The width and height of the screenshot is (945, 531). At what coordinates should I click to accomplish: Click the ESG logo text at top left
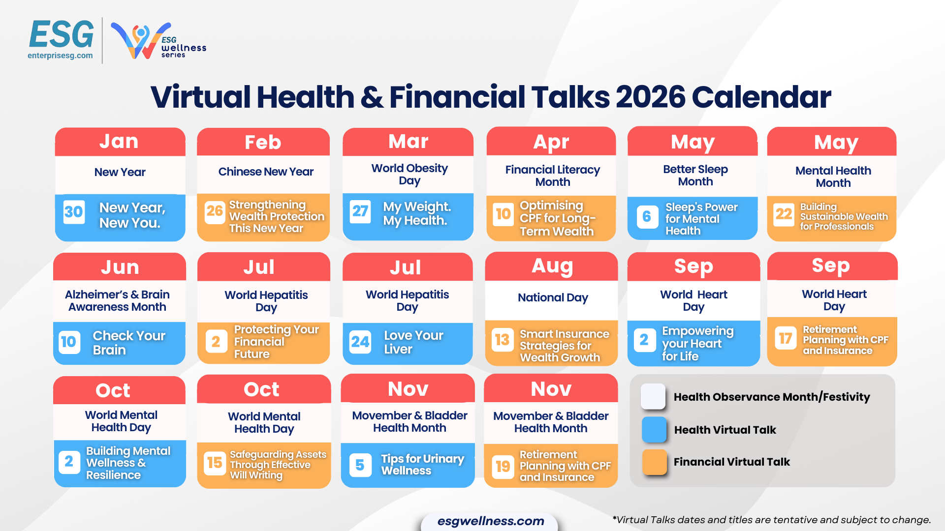62,35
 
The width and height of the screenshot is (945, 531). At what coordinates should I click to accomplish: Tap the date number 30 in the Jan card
74,212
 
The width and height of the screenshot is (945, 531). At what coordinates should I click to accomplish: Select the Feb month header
263,142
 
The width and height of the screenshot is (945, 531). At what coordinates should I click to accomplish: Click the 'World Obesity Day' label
409,174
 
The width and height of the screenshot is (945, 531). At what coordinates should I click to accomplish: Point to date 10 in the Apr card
503,214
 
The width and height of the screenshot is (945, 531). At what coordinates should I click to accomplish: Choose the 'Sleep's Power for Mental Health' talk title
701,219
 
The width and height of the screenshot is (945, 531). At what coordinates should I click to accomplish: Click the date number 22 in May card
784,214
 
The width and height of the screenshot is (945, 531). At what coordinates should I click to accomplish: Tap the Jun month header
120,267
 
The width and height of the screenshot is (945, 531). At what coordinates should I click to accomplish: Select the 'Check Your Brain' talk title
129,343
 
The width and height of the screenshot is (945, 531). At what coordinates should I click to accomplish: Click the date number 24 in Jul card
360,341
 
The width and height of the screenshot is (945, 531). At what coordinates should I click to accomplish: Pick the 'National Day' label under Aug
552,297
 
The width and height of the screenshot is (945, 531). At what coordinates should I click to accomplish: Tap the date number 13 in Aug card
502,340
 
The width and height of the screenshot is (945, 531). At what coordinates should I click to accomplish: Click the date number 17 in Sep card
785,338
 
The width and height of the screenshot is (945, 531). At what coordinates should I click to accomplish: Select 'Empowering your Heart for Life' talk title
697,343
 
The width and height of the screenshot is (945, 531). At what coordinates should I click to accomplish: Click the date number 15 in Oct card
215,463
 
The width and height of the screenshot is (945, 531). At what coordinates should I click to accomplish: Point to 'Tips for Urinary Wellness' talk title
422,464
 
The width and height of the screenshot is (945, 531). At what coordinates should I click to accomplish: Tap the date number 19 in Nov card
503,466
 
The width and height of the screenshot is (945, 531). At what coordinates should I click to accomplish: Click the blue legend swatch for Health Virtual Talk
654,429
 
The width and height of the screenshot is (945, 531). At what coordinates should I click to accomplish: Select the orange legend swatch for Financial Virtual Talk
654,462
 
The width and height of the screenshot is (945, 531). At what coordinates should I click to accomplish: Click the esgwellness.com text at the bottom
490,521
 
